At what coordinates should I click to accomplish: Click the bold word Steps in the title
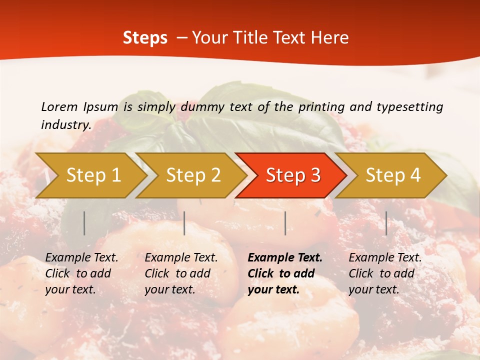pos(145,38)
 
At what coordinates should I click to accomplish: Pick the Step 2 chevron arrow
pos(193,175)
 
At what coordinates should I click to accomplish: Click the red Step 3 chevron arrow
pos(293,175)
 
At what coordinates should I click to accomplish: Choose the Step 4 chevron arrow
pos(393,175)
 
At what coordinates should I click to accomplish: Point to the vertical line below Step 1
pos(84,223)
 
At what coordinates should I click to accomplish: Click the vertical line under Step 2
pos(184,223)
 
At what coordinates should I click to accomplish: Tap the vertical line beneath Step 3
pos(285,223)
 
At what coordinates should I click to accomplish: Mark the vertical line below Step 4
pos(386,223)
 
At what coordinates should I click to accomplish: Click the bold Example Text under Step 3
pos(285,258)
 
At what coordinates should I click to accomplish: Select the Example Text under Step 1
pos(81,258)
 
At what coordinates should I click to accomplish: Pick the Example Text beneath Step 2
pos(181,258)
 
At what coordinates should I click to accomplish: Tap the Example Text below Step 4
pos(385,258)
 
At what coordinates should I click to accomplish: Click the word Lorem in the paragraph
pos(59,106)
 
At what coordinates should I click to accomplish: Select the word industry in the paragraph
pos(65,124)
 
